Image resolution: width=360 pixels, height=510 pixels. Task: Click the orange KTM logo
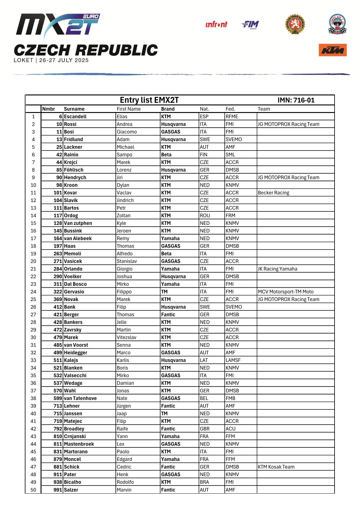pyautogui.click(x=332, y=50)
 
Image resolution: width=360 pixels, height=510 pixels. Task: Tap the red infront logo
pyautogui.click(x=216, y=25)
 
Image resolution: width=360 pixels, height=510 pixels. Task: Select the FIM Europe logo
pyautogui.click(x=250, y=25)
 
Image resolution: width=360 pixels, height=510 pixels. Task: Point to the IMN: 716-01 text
pyautogui.click(x=296, y=100)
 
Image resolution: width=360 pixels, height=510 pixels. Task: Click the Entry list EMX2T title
pyautogui.click(x=149, y=100)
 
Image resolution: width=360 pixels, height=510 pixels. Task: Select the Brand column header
pyautogui.click(x=168, y=109)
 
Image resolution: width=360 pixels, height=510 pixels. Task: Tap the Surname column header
pyautogui.click(x=74, y=109)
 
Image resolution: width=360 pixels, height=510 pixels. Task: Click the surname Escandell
pyautogui.click(x=75, y=117)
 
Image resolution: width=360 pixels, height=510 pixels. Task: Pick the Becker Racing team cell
pyautogui.click(x=273, y=193)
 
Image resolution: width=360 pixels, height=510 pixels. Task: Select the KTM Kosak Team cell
pyautogui.click(x=276, y=467)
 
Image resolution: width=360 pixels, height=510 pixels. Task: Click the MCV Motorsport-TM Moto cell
pyautogui.click(x=286, y=292)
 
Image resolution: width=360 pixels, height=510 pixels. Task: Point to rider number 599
pyautogui.click(x=58, y=398)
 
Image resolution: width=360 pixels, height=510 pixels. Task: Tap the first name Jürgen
pyautogui.click(x=124, y=406)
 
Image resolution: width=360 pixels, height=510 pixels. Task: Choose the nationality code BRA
pyautogui.click(x=204, y=482)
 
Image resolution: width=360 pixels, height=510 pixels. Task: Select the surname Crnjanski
pyautogui.click(x=75, y=436)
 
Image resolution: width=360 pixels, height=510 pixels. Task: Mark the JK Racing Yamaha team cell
pyautogui.click(x=277, y=269)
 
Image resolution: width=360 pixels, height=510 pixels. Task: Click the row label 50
pyautogui.click(x=33, y=490)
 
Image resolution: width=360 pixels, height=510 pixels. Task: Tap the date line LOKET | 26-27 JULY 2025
pyautogui.click(x=51, y=60)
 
